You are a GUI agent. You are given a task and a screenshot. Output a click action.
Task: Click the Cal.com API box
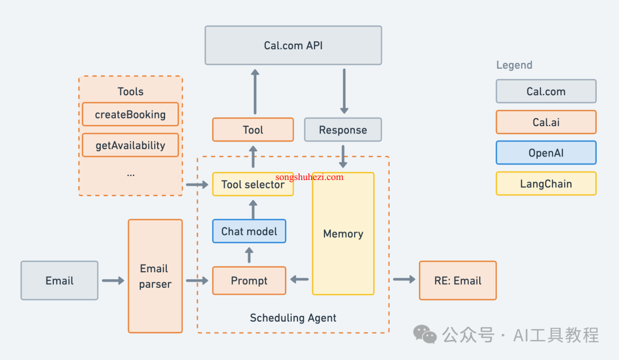pyautogui.click(x=293, y=45)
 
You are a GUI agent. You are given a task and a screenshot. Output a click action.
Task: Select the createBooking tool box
pyautogui.click(x=130, y=115)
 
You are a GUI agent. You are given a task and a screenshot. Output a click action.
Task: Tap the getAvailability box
pyautogui.click(x=130, y=145)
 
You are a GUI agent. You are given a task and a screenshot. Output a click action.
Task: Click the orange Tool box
pyautogui.click(x=253, y=130)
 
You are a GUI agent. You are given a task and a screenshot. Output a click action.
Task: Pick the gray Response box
pyautogui.click(x=343, y=130)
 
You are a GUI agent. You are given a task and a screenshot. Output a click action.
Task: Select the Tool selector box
pyautogui.click(x=253, y=185)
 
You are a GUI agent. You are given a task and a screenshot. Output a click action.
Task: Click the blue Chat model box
pyautogui.click(x=249, y=231)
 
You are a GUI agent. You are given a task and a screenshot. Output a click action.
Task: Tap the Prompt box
pyautogui.click(x=249, y=281)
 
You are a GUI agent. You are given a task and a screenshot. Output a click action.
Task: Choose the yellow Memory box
pyautogui.click(x=343, y=234)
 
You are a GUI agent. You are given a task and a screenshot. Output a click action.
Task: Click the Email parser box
pyautogui.click(x=155, y=276)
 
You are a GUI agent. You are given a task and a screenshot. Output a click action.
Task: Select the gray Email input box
pyautogui.click(x=60, y=281)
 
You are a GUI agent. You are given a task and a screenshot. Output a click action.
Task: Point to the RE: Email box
pyautogui.click(x=458, y=281)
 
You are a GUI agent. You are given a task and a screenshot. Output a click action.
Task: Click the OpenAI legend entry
pyautogui.click(x=546, y=152)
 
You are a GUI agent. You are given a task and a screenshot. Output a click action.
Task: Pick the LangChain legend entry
pyautogui.click(x=546, y=183)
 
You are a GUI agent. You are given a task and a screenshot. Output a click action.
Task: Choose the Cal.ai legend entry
pyautogui.click(x=546, y=122)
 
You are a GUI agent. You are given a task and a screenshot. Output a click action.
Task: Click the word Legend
pyautogui.click(x=514, y=65)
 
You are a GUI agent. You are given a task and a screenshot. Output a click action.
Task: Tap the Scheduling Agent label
pyautogui.click(x=293, y=318)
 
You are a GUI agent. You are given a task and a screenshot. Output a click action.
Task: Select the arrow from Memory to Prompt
pyautogui.click(x=299, y=280)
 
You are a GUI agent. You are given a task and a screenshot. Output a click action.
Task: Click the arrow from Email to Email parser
pyautogui.click(x=113, y=281)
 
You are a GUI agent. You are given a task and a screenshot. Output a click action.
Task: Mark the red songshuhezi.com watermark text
pyautogui.click(x=309, y=177)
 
